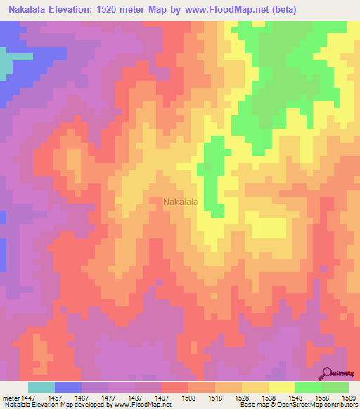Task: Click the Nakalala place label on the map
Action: tap(180, 202)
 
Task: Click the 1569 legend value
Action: tap(349, 397)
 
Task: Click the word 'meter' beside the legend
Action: tap(11, 397)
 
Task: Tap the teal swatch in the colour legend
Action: tap(41, 387)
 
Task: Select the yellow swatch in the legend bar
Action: tap(282, 387)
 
